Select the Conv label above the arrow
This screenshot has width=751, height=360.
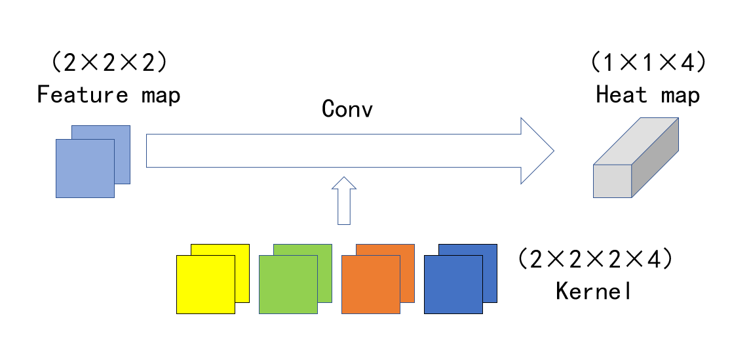coord(347,109)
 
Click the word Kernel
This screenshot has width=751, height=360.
coord(594,290)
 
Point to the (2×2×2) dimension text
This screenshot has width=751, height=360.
coord(109,64)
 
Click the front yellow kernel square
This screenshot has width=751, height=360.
coord(205,284)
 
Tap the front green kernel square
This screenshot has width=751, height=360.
coord(288,284)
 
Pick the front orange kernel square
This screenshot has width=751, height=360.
coord(370,284)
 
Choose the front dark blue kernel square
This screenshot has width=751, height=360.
coord(453,284)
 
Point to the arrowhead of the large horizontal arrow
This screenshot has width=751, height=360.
coord(537,151)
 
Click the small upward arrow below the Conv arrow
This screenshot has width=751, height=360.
coord(344,201)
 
